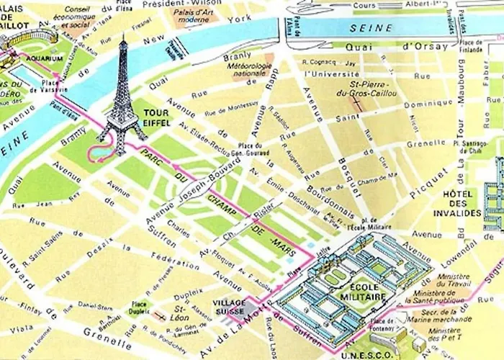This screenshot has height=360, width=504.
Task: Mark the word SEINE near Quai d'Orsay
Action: click(x=372, y=28)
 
